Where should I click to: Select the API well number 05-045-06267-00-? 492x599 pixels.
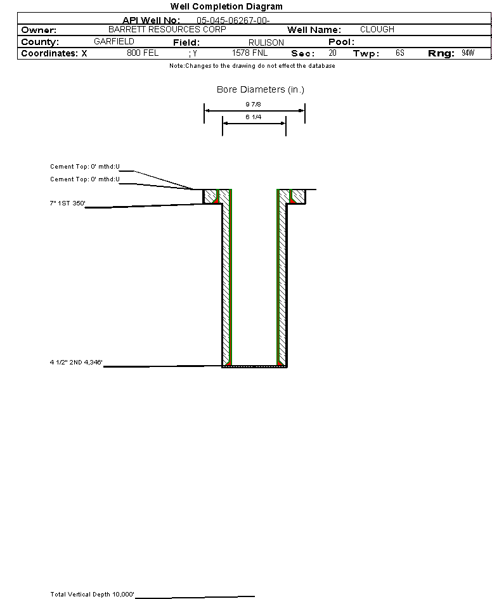coord(233,20)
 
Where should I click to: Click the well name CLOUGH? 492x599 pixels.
coord(377,30)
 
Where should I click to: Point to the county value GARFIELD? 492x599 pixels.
coord(113,41)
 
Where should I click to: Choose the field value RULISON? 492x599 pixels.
coord(266,42)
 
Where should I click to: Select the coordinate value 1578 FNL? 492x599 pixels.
coord(250,53)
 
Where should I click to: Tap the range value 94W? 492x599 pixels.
coord(468,53)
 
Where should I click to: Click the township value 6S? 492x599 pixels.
coord(399,53)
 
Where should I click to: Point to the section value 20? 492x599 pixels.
coord(332,53)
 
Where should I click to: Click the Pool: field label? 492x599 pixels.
coord(341,42)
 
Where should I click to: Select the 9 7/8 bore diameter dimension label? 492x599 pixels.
coord(254,104)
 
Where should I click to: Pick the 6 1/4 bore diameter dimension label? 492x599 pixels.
coord(254,117)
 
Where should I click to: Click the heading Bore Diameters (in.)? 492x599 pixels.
coord(261,90)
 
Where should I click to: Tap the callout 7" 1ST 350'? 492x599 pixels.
coord(67,203)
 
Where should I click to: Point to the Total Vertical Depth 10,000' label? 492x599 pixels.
coord(93,595)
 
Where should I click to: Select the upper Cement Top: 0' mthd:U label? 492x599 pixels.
coord(85,167)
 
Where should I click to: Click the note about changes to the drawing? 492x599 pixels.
coord(252,66)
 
